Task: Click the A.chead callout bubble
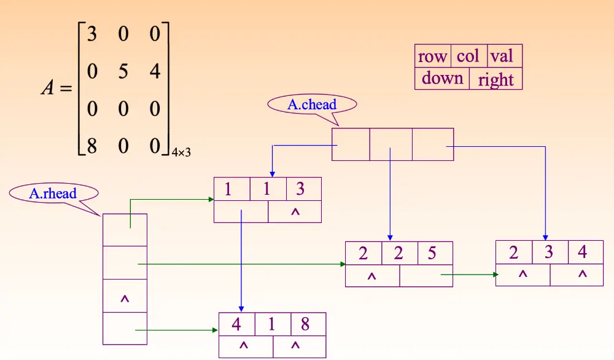312,104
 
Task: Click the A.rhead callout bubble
53,194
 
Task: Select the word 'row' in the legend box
432,57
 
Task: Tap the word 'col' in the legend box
468,57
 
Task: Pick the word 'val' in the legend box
502,57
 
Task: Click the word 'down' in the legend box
442,79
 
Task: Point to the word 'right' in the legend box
495,80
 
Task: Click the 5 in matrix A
123,72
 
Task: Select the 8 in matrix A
91,147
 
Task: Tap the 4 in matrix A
155,72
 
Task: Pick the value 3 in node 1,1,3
300,189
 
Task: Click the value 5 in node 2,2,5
432,253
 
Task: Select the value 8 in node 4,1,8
305,324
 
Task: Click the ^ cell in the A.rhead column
125,299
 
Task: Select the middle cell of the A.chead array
391,144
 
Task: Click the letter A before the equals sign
48,88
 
